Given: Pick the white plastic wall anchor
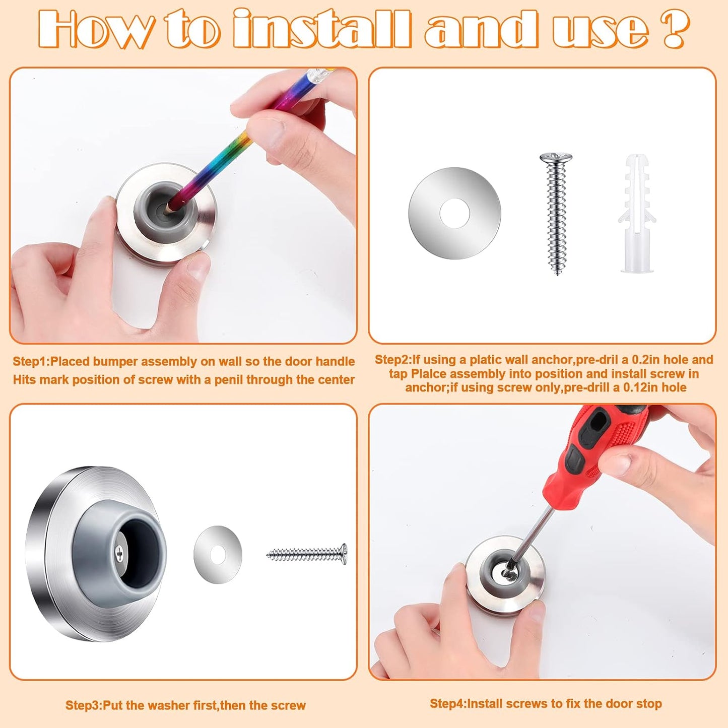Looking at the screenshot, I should [637, 214].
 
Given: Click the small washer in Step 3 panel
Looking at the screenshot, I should [218, 555].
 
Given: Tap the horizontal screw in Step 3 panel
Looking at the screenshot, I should [306, 555].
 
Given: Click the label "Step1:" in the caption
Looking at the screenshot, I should [31, 362].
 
